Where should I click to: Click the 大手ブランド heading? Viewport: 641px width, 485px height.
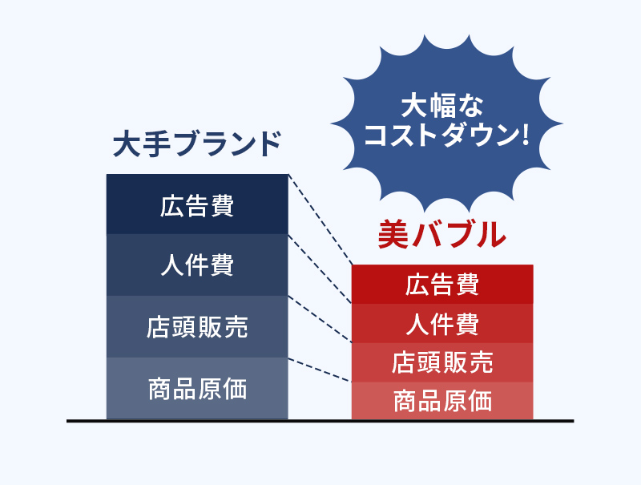point(196,144)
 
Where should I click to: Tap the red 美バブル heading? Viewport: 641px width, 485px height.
point(442,234)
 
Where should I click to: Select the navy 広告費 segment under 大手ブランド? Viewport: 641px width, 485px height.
point(197,204)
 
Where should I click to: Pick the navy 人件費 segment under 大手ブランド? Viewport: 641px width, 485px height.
point(197,265)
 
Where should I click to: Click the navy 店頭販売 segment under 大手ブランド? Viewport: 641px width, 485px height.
point(197,327)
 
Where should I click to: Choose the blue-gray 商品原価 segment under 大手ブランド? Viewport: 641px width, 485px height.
point(197,389)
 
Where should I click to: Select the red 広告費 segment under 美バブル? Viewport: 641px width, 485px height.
point(442,285)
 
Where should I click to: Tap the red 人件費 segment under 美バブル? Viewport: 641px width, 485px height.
point(442,324)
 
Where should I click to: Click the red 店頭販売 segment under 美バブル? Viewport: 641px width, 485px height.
point(442,362)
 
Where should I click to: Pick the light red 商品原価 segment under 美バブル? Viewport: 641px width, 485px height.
point(442,401)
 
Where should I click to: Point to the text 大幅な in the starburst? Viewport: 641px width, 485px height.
point(442,106)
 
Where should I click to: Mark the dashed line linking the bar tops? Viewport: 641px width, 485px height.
point(320,220)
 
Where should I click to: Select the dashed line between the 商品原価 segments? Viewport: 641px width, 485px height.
point(320,370)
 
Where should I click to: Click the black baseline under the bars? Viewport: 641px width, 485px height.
point(320,421)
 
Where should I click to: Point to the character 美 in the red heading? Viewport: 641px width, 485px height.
point(393,234)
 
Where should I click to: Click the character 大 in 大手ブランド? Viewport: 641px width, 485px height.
point(127,144)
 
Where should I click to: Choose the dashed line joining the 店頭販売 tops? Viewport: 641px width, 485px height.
point(320,319)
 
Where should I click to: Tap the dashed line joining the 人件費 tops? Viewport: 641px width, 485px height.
point(320,269)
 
